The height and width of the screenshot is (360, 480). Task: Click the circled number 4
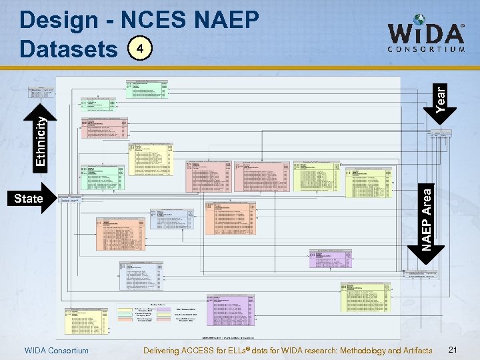coord(139,49)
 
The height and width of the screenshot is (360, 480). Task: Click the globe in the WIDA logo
coord(419,21)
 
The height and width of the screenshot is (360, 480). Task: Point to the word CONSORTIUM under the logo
coord(427,49)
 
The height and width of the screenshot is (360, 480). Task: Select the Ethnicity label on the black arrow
coord(41,141)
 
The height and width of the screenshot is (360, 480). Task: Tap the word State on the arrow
coord(29,199)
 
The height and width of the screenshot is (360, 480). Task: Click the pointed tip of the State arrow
coord(57,199)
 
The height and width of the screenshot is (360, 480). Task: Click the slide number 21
coord(453,350)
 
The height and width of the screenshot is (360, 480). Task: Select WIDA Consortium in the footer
coord(56,351)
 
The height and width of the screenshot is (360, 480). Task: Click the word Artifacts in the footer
coord(417,351)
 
